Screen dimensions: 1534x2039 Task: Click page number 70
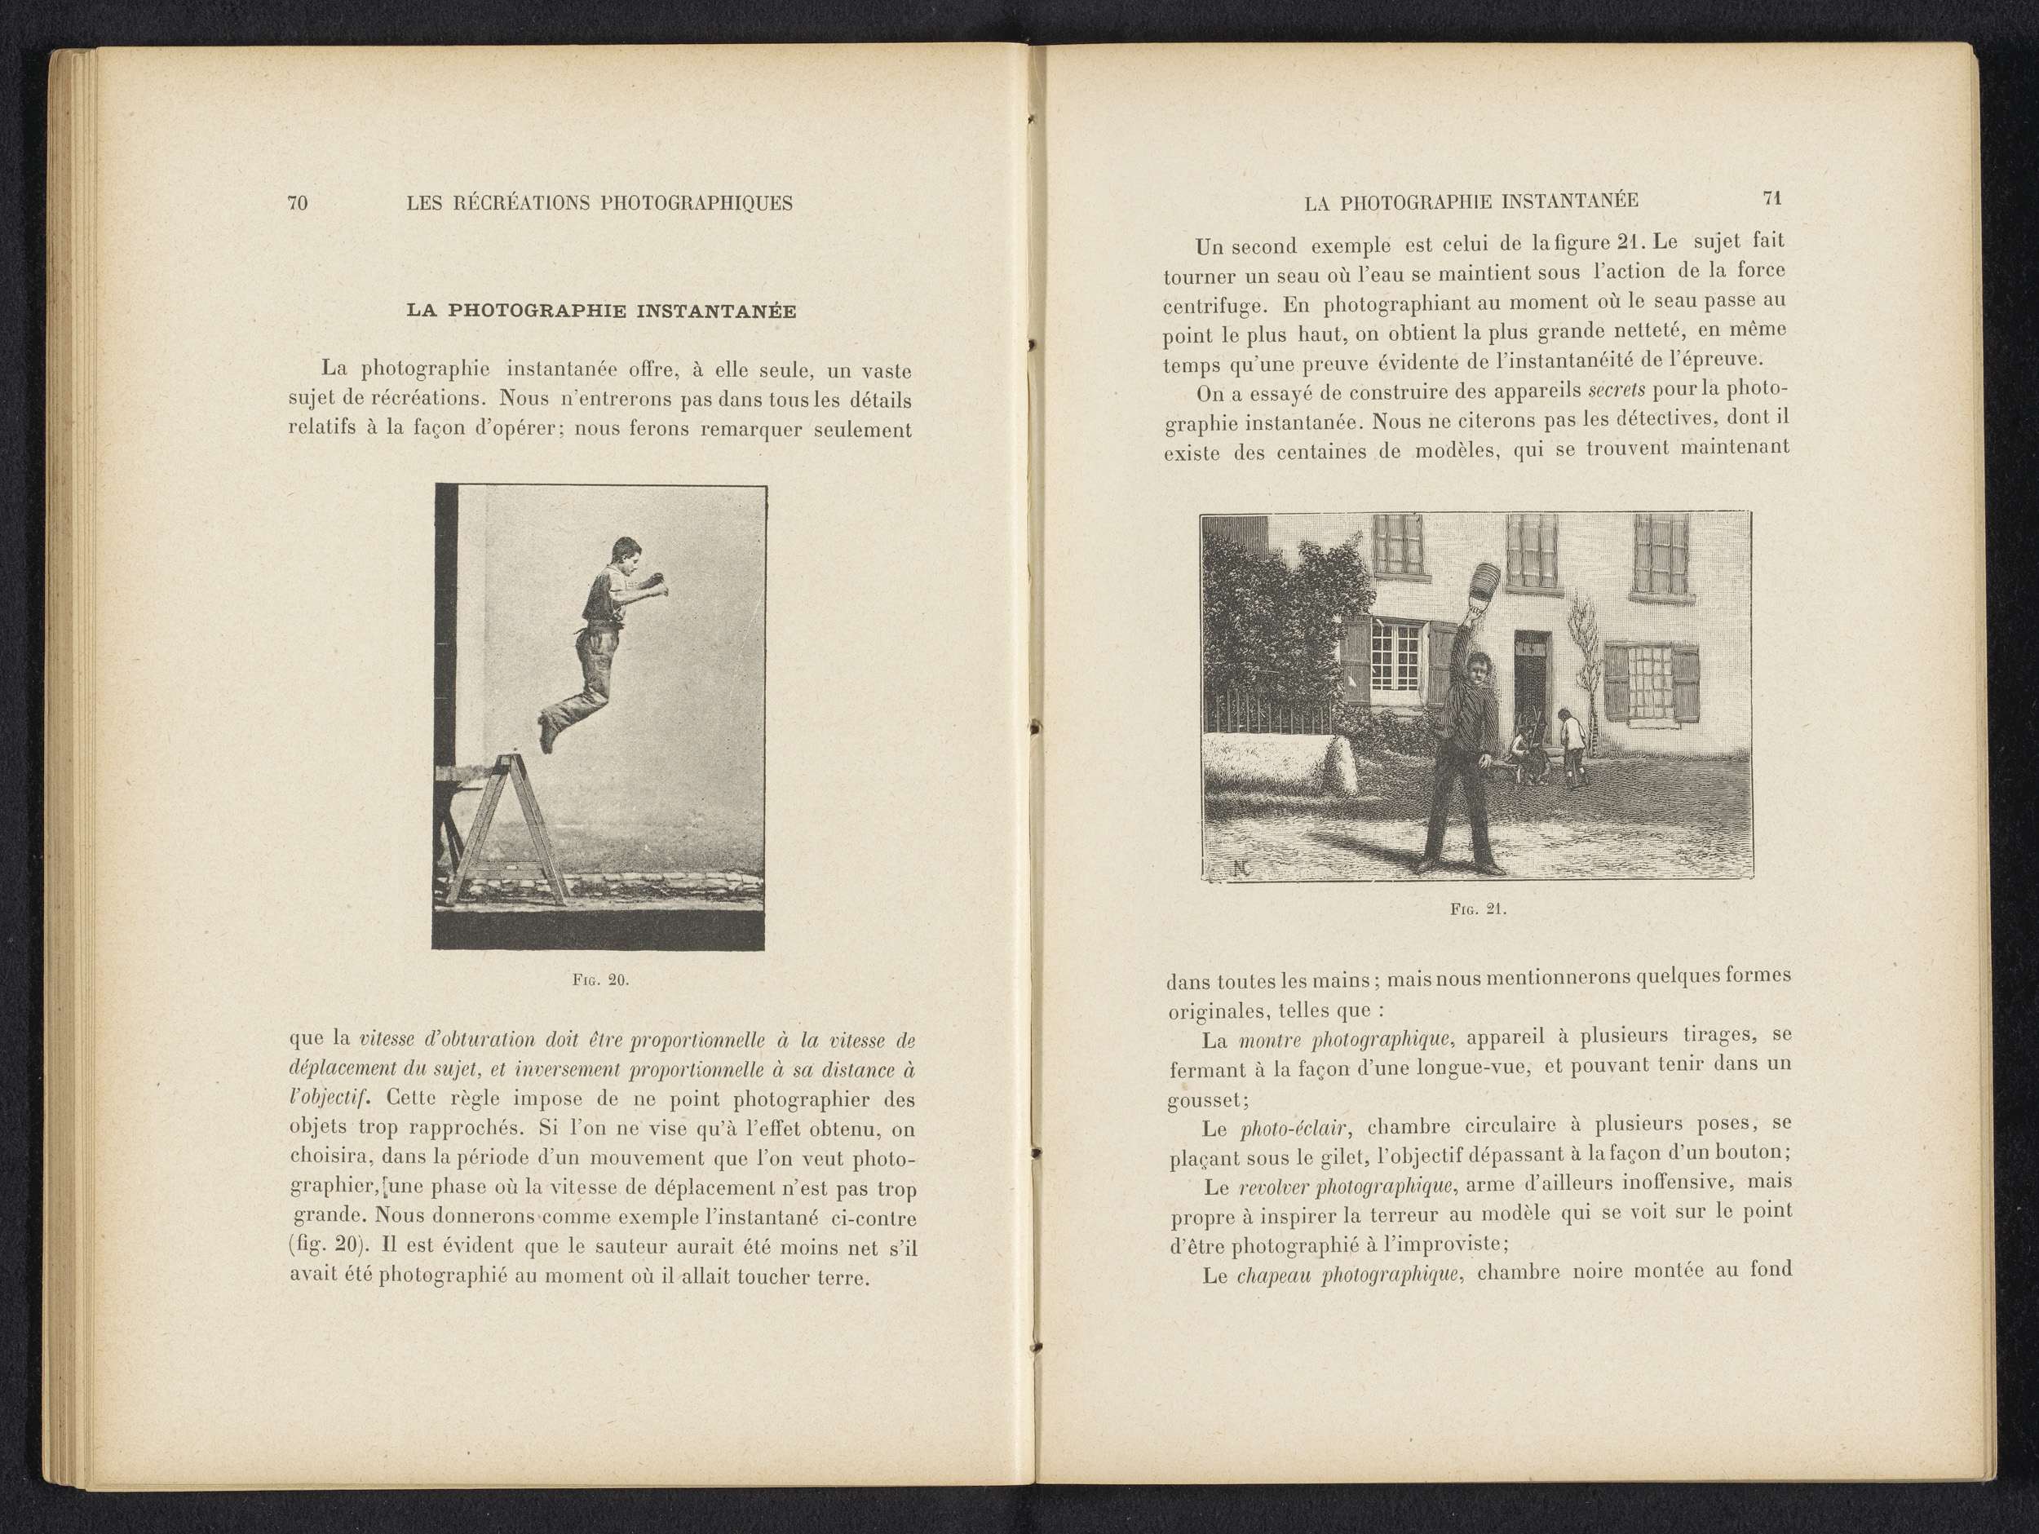297,203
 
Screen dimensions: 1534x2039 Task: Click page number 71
1771,198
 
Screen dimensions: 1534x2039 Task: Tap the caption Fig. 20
600,980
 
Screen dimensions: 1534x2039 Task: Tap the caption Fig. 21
1478,909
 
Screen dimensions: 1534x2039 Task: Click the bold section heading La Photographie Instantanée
601,311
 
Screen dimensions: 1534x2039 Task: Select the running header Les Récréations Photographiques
599,203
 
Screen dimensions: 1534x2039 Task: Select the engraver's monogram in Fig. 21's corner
1241,865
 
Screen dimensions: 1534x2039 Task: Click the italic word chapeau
1272,1275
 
